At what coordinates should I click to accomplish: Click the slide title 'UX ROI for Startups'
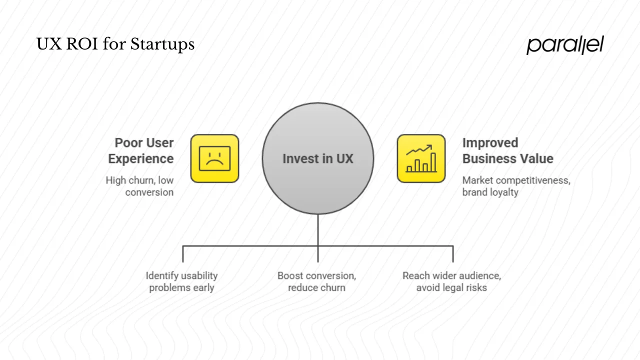tap(115, 44)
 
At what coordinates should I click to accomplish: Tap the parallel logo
tap(565, 45)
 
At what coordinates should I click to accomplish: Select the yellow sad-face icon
tap(214, 158)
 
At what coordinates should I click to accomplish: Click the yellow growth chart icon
tap(421, 158)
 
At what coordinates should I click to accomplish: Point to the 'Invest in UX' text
tap(317, 159)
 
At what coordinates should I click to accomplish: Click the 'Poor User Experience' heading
tap(141, 150)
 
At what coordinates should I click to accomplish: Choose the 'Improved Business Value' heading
tap(507, 150)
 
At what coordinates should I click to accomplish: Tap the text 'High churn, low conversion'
tap(140, 186)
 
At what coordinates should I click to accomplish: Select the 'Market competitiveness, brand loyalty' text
tap(515, 186)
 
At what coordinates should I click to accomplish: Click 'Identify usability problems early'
tap(181, 281)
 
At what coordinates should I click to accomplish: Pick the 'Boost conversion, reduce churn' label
tap(316, 281)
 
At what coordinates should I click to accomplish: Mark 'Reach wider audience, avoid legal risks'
tap(451, 281)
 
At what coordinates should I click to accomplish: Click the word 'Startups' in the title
tap(162, 44)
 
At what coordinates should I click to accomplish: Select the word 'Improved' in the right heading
tap(490, 143)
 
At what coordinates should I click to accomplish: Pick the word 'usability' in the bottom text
tap(199, 275)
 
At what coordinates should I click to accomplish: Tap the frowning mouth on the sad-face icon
tap(214, 164)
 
